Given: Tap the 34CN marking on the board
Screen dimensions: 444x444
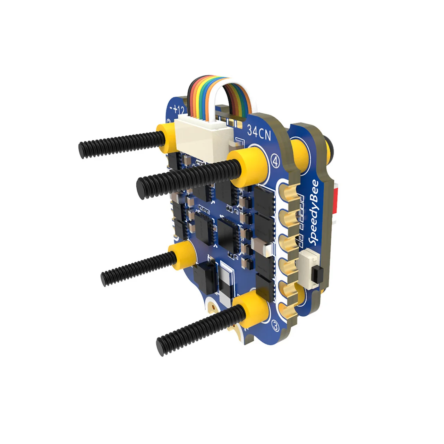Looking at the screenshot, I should click(259, 132).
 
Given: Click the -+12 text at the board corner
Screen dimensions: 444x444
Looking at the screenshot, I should click(177, 110).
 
